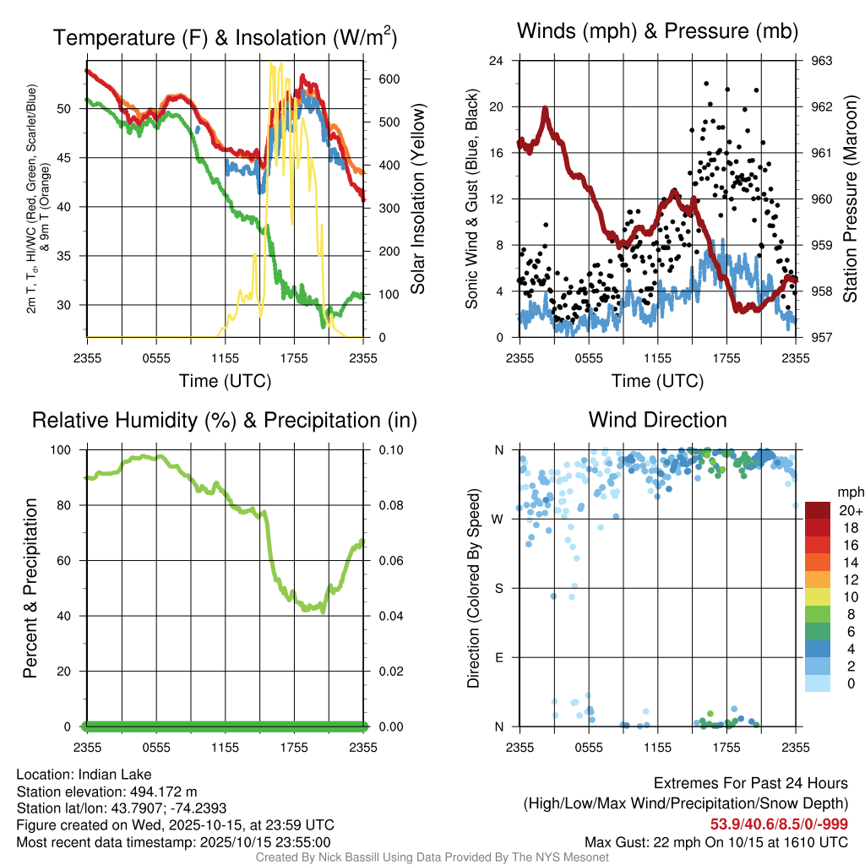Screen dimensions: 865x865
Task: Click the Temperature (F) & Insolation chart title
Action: coord(225,37)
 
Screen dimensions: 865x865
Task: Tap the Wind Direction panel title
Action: coord(657,420)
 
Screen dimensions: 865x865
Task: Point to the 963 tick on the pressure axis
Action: coord(822,61)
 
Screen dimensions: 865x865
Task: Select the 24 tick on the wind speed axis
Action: coord(497,61)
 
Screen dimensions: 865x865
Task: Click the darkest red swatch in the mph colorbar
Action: coord(818,511)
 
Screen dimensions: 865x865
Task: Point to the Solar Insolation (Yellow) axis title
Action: coord(417,199)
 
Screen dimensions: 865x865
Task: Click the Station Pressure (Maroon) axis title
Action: coord(851,199)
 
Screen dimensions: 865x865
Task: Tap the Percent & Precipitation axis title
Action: coord(30,588)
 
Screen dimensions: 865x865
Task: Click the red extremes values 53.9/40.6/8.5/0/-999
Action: coord(778,824)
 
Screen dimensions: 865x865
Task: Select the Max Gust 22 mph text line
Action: coord(716,842)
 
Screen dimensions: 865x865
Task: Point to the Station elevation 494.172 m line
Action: coord(106,792)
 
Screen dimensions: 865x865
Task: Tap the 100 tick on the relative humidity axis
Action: coord(66,450)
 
